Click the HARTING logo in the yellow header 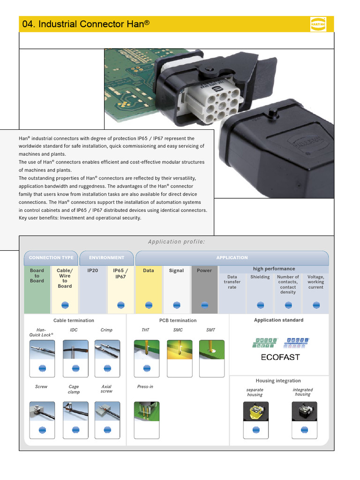pyautogui.click(x=318, y=24)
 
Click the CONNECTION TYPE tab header pyautogui.click(x=51, y=258)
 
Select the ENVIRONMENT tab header pyautogui.click(x=107, y=258)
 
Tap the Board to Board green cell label pyautogui.click(x=37, y=276)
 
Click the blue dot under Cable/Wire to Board pyautogui.click(x=65, y=305)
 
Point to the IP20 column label pyautogui.click(x=93, y=270)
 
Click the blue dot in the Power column pyautogui.click(x=204, y=305)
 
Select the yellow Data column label pyautogui.click(x=148, y=270)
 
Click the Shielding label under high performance pyautogui.click(x=260, y=277)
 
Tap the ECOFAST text pyautogui.click(x=280, y=357)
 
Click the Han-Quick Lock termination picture pyautogui.click(x=42, y=349)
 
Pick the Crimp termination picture pyautogui.click(x=107, y=349)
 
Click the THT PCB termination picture pyautogui.click(x=146, y=349)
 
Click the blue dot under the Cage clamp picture pyautogui.click(x=75, y=430)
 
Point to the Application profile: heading pyautogui.click(x=177, y=242)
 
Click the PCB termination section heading pyautogui.click(x=178, y=321)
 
